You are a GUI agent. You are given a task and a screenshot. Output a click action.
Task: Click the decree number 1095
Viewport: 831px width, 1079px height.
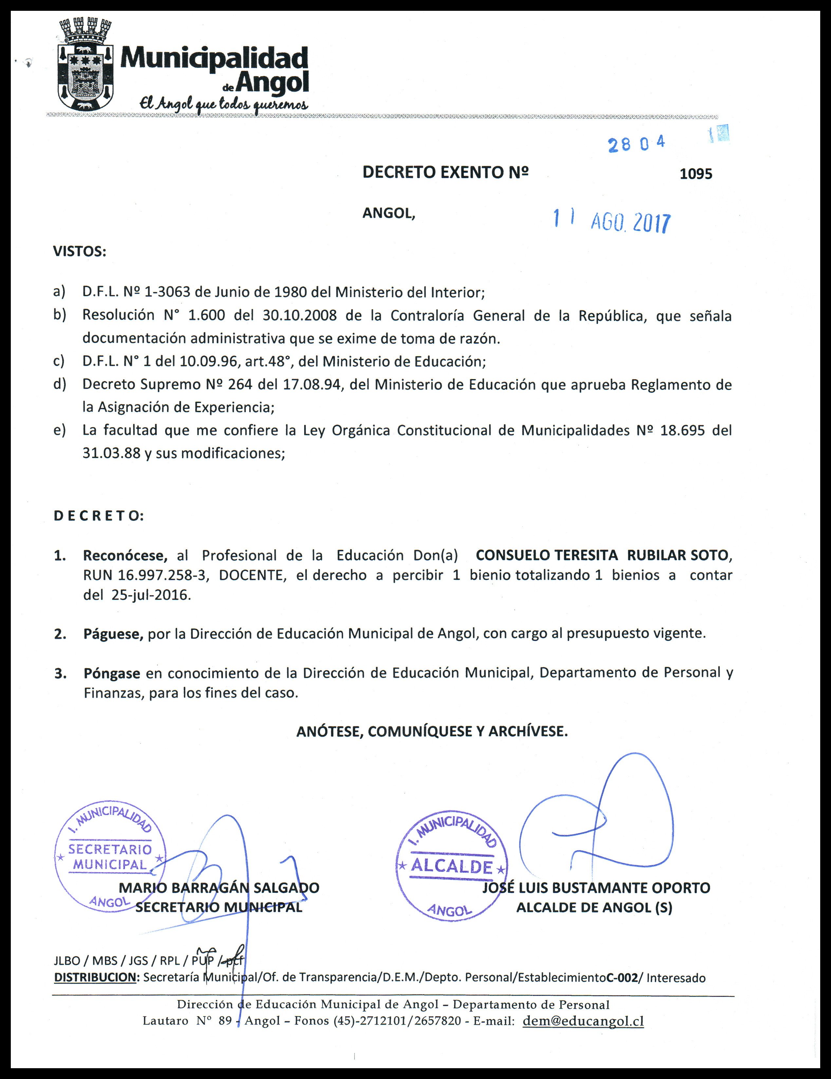pyautogui.click(x=696, y=174)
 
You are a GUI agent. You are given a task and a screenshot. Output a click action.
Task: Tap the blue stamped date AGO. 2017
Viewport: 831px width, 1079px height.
pyautogui.click(x=630, y=223)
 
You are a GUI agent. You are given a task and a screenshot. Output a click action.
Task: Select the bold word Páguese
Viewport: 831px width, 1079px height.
pyautogui.click(x=113, y=634)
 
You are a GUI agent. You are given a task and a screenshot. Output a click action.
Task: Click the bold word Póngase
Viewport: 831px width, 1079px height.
pyautogui.click(x=112, y=673)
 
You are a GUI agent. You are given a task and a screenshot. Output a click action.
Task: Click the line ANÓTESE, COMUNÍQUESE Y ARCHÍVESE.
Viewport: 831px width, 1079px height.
pyautogui.click(x=432, y=731)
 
